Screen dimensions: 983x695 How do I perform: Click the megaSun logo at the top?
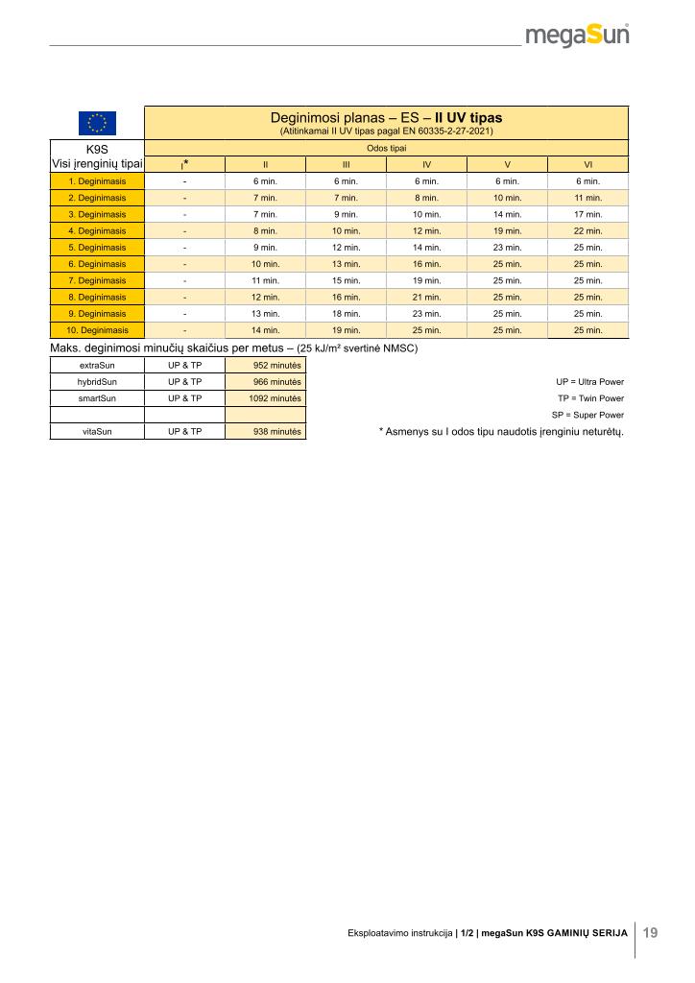tap(577, 36)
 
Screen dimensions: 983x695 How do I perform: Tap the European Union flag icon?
tap(97, 123)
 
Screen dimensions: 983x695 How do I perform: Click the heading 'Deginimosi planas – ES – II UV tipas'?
tap(386, 118)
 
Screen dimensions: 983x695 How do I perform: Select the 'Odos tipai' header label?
tap(386, 149)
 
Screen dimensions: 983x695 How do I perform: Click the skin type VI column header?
tap(587, 164)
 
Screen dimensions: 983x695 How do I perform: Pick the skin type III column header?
tap(346, 164)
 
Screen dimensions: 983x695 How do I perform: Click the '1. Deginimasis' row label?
tap(97, 181)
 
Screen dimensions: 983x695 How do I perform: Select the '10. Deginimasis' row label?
tap(97, 330)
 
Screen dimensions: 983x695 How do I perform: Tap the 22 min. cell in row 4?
tap(587, 231)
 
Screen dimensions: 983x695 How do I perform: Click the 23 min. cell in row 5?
tap(507, 248)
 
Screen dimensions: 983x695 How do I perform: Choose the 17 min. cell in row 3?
tap(587, 215)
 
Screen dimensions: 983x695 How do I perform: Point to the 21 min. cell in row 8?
tap(426, 298)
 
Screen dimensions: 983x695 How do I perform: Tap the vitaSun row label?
tap(97, 432)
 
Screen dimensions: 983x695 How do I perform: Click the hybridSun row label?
tap(97, 382)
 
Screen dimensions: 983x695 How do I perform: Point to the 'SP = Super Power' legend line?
tap(587, 415)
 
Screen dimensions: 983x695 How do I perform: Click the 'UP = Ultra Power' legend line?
tap(589, 382)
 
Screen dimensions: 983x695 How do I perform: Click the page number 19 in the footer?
tap(650, 932)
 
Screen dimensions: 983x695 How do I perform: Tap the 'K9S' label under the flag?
tap(97, 150)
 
